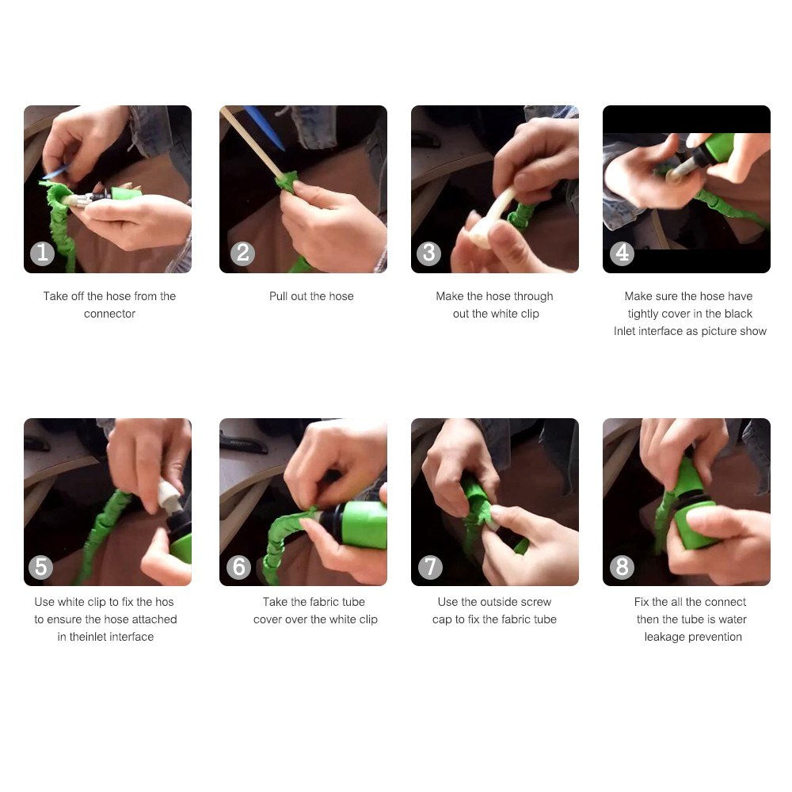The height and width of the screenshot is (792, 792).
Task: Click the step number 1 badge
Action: [43, 253]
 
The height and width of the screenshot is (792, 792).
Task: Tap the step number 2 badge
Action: [242, 253]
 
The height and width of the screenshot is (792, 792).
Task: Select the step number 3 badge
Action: [428, 253]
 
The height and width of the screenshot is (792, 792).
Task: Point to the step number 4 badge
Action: [622, 253]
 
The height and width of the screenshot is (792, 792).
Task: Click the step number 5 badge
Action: [41, 567]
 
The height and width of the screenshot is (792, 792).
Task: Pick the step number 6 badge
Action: [238, 567]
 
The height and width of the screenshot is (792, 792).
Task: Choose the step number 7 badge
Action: [430, 567]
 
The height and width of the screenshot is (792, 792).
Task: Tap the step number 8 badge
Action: [622, 567]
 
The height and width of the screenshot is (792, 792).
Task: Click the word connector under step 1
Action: [109, 314]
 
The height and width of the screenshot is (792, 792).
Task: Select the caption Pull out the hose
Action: [311, 296]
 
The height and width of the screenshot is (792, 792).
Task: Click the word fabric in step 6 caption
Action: [324, 602]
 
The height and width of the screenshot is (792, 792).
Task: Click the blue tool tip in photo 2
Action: [266, 128]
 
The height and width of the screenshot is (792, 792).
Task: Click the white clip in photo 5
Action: [169, 497]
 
